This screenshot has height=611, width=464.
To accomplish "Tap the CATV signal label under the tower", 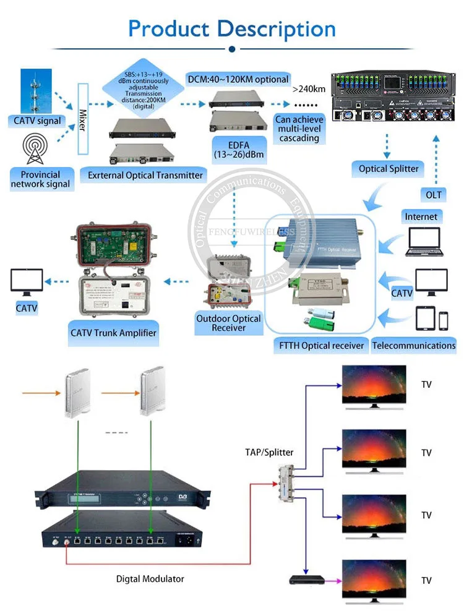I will (x=37, y=121).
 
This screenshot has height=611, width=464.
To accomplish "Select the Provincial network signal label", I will (x=41, y=179).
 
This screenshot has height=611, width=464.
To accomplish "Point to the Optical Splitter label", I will (x=389, y=168).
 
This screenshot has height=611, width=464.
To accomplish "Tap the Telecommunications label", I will (x=413, y=345).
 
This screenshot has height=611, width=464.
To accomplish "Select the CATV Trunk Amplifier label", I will (x=113, y=333).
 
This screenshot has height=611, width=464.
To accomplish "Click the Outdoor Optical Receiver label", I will (x=228, y=323).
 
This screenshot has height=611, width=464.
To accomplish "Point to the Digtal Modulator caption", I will (x=150, y=579).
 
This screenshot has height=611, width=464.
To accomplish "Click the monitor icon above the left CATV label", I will (x=27, y=282).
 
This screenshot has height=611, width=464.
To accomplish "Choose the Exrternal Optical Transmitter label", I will (x=145, y=175).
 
